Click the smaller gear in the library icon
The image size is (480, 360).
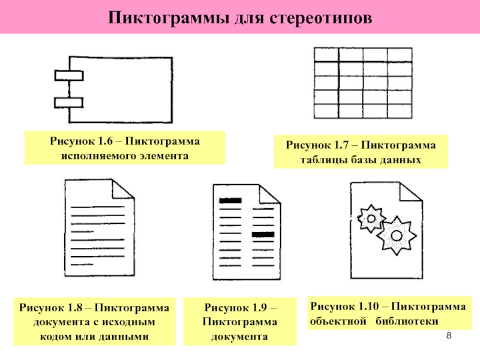pos(371,218)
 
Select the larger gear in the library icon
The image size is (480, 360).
pos(395,233)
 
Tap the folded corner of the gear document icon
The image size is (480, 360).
pos(413,191)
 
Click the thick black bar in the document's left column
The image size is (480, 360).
pos(231,200)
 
